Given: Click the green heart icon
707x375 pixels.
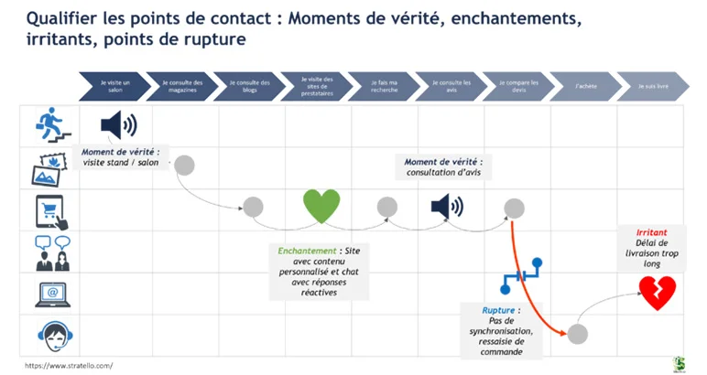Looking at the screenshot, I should (321, 206).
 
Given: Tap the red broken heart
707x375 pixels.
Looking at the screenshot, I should (657, 293).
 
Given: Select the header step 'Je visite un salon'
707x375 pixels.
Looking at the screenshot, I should (115, 87).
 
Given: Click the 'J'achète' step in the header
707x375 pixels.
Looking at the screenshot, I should (585, 87).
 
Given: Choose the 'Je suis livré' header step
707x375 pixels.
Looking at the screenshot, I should (652, 87).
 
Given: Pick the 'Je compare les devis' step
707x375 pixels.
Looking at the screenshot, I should (518, 87).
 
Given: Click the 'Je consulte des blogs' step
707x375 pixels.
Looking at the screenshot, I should (250, 87).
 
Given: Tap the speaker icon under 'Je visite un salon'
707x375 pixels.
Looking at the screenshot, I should (118, 124).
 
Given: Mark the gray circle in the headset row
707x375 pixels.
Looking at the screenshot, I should (577, 334).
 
